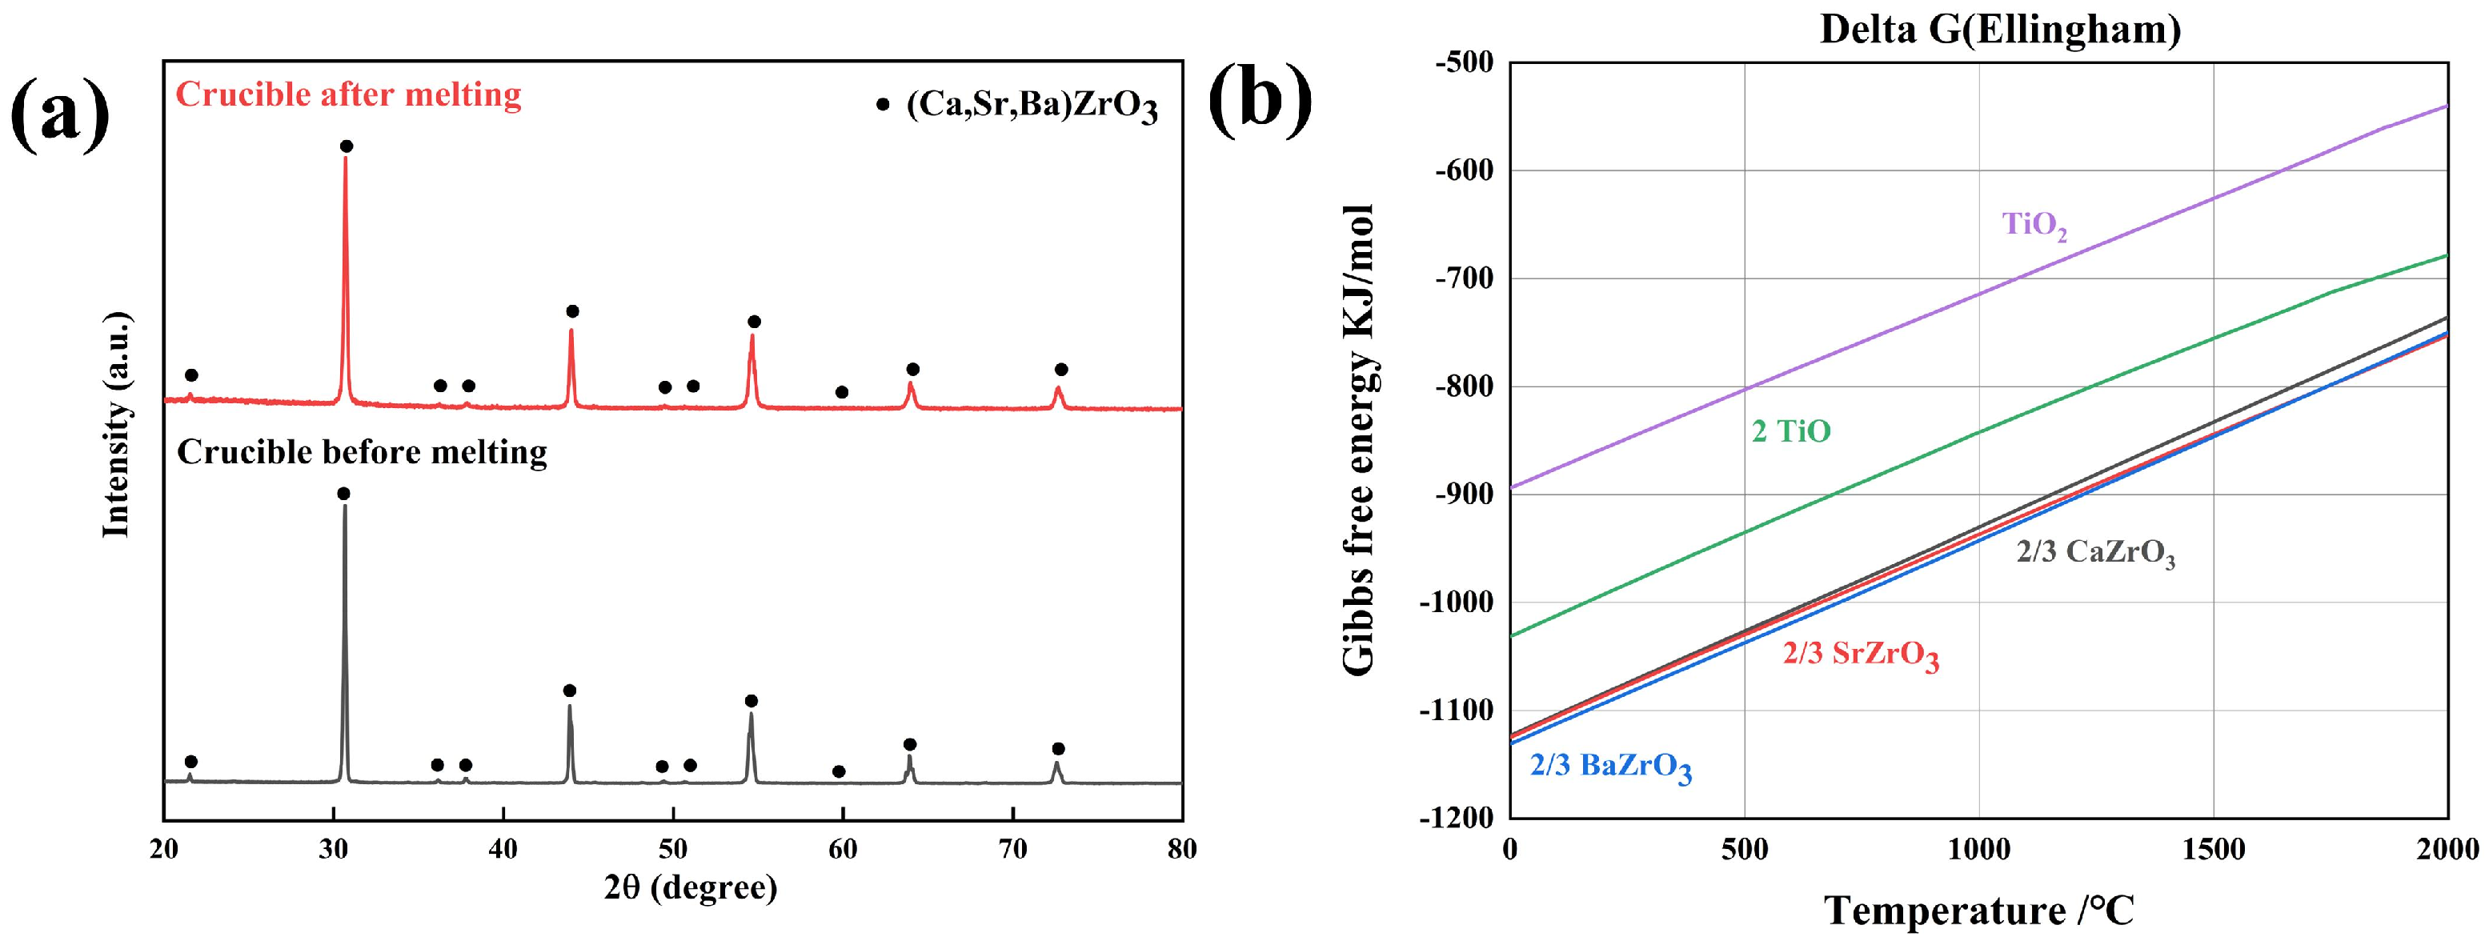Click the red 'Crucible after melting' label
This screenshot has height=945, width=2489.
(x=348, y=94)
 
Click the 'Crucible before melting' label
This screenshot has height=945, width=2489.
(x=362, y=452)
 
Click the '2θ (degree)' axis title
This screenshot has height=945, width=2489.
(x=690, y=887)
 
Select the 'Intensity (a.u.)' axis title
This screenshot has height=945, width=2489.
(x=117, y=425)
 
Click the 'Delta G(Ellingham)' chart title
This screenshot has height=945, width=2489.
(x=2000, y=30)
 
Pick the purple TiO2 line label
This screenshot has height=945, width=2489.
(x=2033, y=225)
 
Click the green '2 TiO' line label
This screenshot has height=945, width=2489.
(x=1790, y=431)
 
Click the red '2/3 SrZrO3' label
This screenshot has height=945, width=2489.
(x=1860, y=655)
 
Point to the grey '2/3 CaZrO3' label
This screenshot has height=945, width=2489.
(x=2094, y=553)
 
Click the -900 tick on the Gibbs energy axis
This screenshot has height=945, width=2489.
(x=1465, y=494)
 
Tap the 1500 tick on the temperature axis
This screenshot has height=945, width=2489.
(x=2213, y=851)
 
